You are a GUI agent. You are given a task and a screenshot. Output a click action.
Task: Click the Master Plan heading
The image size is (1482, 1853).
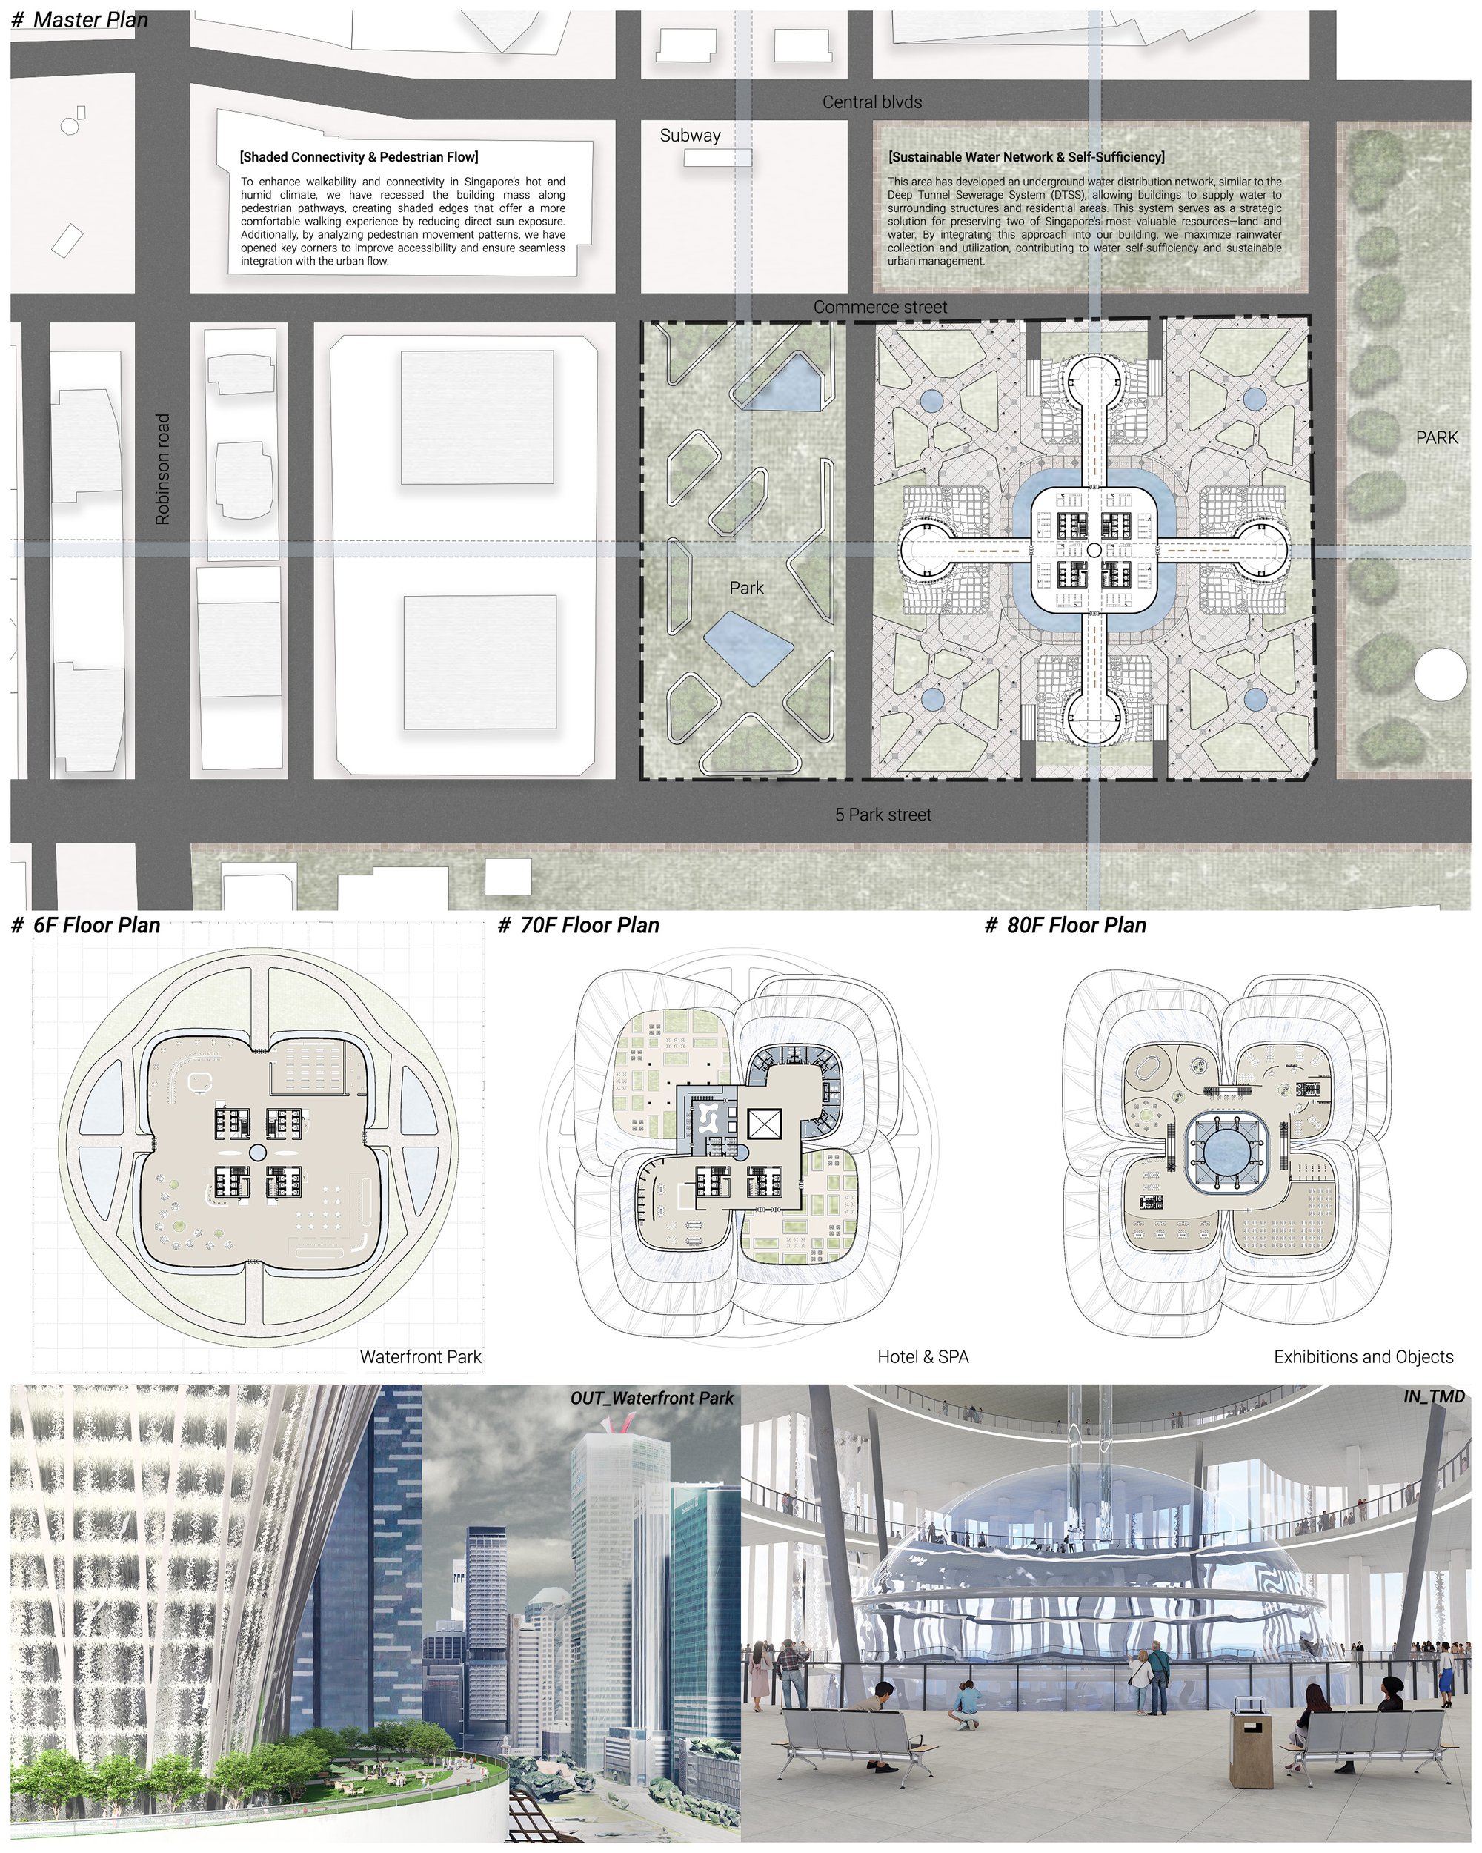[80, 20]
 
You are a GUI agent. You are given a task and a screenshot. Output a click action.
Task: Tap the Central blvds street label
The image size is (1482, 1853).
[872, 102]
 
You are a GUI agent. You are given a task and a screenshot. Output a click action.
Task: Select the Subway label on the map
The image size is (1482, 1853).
[690, 136]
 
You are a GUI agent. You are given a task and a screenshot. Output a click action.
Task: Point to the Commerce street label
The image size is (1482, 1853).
[880, 307]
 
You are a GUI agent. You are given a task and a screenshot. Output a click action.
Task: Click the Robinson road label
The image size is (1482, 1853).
[162, 469]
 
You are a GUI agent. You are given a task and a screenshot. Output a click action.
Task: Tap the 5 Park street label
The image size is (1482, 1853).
[883, 815]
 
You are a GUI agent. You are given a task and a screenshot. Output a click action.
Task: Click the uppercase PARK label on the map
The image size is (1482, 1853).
[1437, 438]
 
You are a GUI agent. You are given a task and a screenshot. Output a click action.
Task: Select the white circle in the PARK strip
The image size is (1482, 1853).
[1440, 674]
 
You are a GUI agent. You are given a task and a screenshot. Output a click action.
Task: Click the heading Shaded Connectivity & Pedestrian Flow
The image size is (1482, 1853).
[359, 157]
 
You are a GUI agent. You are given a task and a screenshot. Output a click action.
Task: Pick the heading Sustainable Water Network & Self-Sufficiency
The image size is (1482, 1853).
[1027, 157]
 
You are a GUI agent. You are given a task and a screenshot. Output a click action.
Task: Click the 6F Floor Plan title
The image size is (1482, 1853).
[86, 926]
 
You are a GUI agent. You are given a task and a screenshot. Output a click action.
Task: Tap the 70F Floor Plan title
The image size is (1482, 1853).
[579, 926]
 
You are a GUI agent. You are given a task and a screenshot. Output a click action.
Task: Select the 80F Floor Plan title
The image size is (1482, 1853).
[1066, 926]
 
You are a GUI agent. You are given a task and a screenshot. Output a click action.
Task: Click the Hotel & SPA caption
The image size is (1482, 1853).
[923, 1357]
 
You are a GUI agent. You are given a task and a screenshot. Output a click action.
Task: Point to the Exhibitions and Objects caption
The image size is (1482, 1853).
[1363, 1357]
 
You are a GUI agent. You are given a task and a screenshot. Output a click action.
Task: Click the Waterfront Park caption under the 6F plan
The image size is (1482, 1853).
[420, 1357]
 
